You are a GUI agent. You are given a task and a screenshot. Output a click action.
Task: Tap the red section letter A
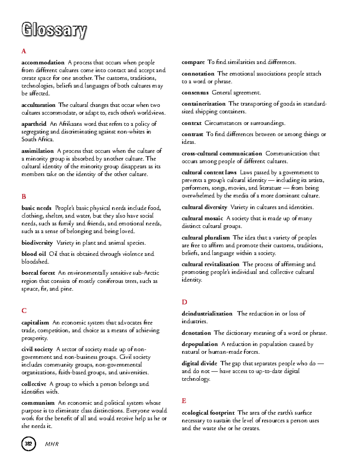tap(24, 51)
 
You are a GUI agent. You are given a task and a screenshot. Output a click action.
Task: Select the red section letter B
tap(24, 197)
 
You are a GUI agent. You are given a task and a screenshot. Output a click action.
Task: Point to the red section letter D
tap(184, 302)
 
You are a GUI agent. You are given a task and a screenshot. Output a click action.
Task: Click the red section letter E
tap(184, 401)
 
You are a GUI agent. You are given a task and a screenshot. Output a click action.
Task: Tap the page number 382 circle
tap(28, 444)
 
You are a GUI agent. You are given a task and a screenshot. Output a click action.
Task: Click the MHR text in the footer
tap(52, 444)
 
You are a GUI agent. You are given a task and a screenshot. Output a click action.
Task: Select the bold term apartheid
tap(34, 124)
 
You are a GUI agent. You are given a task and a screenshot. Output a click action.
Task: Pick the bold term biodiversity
tap(37, 243)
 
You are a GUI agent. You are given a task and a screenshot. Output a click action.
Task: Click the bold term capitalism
tap(35, 323)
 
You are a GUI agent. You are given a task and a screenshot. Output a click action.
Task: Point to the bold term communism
tap(38, 403)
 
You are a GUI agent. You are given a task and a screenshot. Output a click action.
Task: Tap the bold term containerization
tap(203, 104)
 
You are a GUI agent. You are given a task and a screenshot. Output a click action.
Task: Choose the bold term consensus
tap(195, 93)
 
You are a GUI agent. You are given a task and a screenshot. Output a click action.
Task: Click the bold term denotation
tap(196, 333)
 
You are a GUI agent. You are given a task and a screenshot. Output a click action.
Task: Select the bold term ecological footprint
tap(208, 413)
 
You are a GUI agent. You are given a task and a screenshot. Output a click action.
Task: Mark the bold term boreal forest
tap(38, 273)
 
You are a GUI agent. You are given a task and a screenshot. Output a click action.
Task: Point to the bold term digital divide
tap(199, 363)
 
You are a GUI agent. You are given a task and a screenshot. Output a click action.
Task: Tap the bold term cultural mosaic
tap(202, 219)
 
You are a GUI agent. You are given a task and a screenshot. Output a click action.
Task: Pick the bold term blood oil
tap(34, 254)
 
